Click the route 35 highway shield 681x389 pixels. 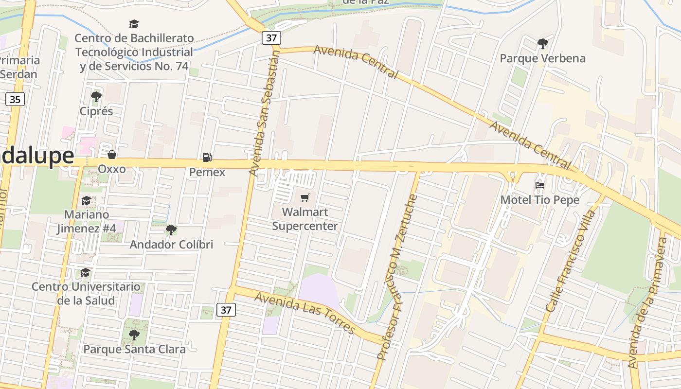tap(15, 100)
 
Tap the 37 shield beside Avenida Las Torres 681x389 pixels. tap(226, 309)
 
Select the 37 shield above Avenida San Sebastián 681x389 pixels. tap(271, 37)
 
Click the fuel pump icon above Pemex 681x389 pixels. tap(207, 157)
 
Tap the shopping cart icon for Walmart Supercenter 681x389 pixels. tap(305, 197)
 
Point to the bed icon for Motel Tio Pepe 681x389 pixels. tap(539, 185)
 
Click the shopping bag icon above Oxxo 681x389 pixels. tap(112, 155)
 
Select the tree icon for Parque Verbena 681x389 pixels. tap(543, 44)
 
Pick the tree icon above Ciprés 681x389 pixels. tap(96, 97)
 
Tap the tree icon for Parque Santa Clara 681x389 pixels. tap(134, 335)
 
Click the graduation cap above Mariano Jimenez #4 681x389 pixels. tap(86, 200)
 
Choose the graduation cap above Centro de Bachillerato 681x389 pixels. tap(134, 24)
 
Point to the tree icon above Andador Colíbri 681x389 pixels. tap(171, 230)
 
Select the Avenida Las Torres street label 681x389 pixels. tap(305, 313)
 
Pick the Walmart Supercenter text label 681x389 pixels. tap(305, 219)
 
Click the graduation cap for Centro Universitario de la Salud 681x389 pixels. tap(86, 272)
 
